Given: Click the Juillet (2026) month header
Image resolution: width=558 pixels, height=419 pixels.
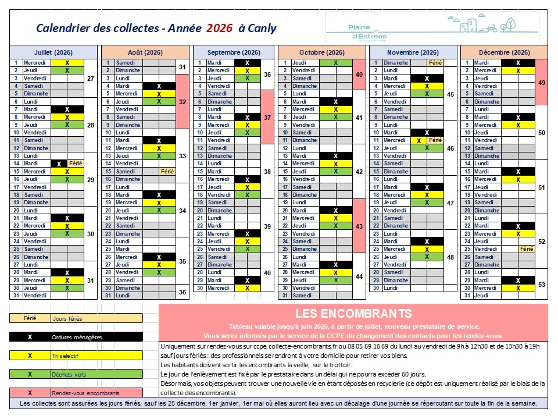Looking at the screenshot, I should pos(53,52).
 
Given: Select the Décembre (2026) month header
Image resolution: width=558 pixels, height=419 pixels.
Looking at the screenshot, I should pos(504,52).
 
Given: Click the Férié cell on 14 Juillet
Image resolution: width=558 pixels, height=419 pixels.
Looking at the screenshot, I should pos(76,164).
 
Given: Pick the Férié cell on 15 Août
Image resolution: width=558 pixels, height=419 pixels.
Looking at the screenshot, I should pos(167,171).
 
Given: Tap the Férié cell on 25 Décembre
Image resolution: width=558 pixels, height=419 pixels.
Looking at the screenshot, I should pos(526,249).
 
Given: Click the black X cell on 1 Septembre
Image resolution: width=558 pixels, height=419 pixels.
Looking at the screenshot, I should pos(247,62).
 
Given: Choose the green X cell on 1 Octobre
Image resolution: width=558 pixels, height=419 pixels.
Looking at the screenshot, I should pos(336,62).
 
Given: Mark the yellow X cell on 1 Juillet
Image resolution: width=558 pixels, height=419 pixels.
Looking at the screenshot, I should pos(67,62).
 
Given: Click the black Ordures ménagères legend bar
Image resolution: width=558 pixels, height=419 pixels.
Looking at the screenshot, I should pos(76,337).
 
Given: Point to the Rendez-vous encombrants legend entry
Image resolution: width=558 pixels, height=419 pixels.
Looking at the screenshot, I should pos(76,393).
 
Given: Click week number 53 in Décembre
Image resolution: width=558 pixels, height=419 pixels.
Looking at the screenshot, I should pos(542,285).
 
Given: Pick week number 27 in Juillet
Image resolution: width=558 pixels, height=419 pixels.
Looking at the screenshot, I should pos(90,78).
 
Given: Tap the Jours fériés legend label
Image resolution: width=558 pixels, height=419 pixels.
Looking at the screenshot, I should pos(67,318).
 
